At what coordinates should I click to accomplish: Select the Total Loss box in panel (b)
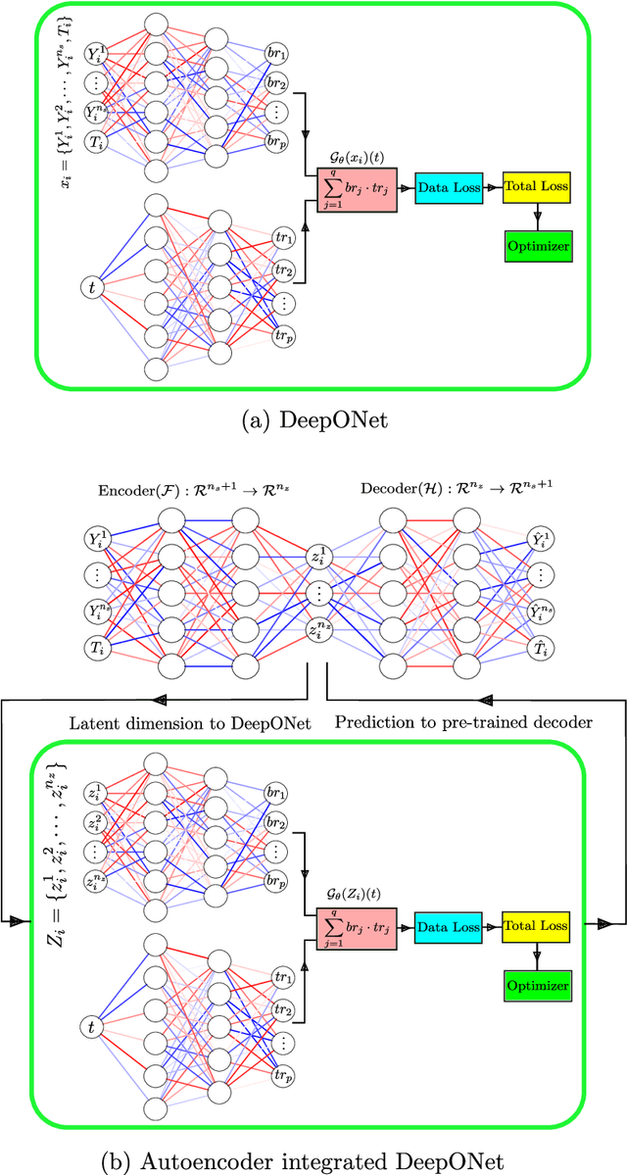pos(536,926)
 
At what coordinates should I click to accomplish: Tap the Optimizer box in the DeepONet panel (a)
pos(537,245)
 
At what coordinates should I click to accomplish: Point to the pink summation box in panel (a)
pos(350,186)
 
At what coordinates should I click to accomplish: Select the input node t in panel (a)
pos(92,287)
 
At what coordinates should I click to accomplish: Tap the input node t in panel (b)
pos(92,1027)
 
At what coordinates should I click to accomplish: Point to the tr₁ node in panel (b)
pos(285,977)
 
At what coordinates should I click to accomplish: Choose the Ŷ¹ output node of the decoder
pos(540,538)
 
